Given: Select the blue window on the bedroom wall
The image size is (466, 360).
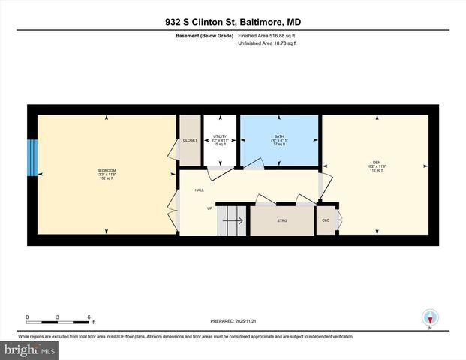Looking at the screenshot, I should pyautogui.click(x=32, y=158).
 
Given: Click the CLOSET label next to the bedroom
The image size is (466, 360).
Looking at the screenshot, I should pyautogui.click(x=190, y=140).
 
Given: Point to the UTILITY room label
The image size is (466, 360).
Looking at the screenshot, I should pyautogui.click(x=220, y=136).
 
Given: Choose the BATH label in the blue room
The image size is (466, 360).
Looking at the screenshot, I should pyautogui.click(x=279, y=136).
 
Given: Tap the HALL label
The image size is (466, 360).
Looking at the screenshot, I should pyautogui.click(x=200, y=190).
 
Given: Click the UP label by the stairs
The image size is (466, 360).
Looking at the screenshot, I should pyautogui.click(x=210, y=208).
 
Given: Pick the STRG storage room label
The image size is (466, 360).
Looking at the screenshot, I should pyautogui.click(x=282, y=220).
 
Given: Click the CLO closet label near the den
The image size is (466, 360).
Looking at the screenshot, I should pyautogui.click(x=326, y=220).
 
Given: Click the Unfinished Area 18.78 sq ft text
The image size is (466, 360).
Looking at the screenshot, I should pyautogui.click(x=268, y=44).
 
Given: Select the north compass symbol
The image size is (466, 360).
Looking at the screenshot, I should pyautogui.click(x=430, y=316).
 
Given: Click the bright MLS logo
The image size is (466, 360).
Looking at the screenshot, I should pyautogui.click(x=30, y=350).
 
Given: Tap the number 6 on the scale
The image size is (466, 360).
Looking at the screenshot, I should pyautogui.click(x=89, y=316).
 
